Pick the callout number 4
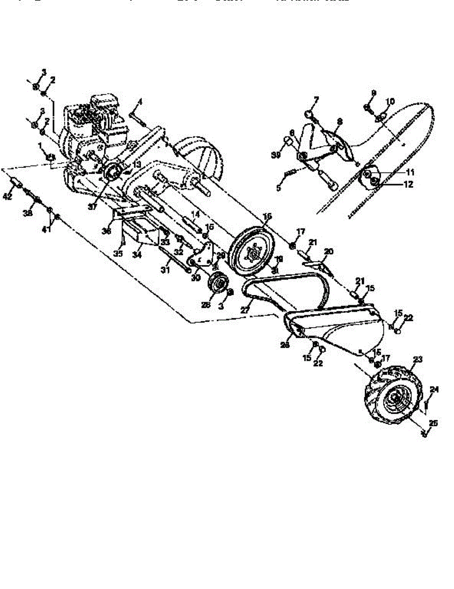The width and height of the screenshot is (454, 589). point(140,102)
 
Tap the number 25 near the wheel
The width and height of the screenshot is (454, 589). point(432,423)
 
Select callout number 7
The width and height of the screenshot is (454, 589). point(316,100)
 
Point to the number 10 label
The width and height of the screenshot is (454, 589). point(390,102)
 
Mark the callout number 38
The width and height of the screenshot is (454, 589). point(27,214)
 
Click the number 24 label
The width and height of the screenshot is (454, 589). point(434,390)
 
